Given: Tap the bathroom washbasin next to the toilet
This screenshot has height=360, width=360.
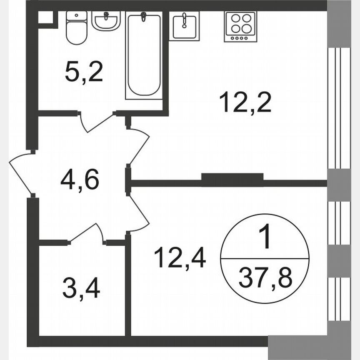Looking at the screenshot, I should point(106,20).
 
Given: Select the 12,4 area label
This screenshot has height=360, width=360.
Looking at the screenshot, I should point(180,257).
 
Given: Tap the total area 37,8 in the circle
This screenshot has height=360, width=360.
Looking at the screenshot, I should point(265,277).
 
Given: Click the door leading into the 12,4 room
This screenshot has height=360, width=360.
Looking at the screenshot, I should point(140,212).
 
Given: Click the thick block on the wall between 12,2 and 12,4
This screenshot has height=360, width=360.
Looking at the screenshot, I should point(232,177).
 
